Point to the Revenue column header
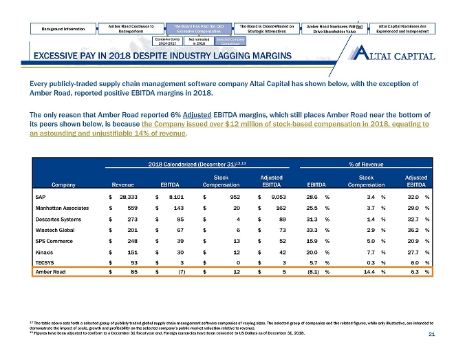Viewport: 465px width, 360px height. [122, 184]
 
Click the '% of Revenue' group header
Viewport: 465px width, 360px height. [371, 162]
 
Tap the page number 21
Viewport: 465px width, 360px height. [432, 335]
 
